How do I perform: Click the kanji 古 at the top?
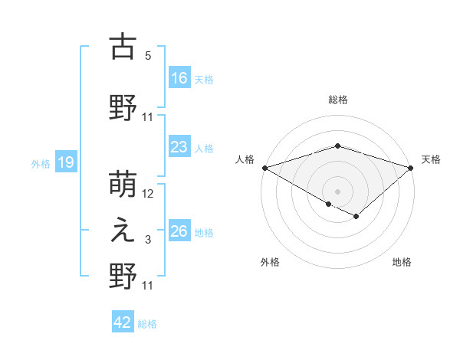pyautogui.click(x=123, y=47)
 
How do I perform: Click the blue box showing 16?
pyautogui.click(x=179, y=77)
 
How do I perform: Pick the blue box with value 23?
pyautogui.click(x=179, y=147)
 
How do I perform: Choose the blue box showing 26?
pyautogui.click(x=179, y=231)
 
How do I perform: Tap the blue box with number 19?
pyautogui.click(x=65, y=162)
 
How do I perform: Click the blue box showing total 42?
pyautogui.click(x=123, y=322)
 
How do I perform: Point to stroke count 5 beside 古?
pyautogui.click(x=148, y=56)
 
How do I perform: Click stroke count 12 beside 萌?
pyautogui.click(x=148, y=194)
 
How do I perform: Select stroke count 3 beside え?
pyautogui.click(x=148, y=241)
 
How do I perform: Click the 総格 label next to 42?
pyautogui.click(x=147, y=324)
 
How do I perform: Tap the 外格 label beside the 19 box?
pyautogui.click(x=40, y=163)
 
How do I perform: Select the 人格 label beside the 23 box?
pyautogui.click(x=203, y=148)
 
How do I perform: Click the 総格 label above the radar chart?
pyautogui.click(x=337, y=100)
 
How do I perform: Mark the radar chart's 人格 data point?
pyautogui.click(x=264, y=168)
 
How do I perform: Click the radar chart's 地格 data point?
pyautogui.click(x=356, y=217)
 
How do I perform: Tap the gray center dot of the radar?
pyautogui.click(x=337, y=190)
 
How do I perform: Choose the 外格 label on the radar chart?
pyautogui.click(x=270, y=263)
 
